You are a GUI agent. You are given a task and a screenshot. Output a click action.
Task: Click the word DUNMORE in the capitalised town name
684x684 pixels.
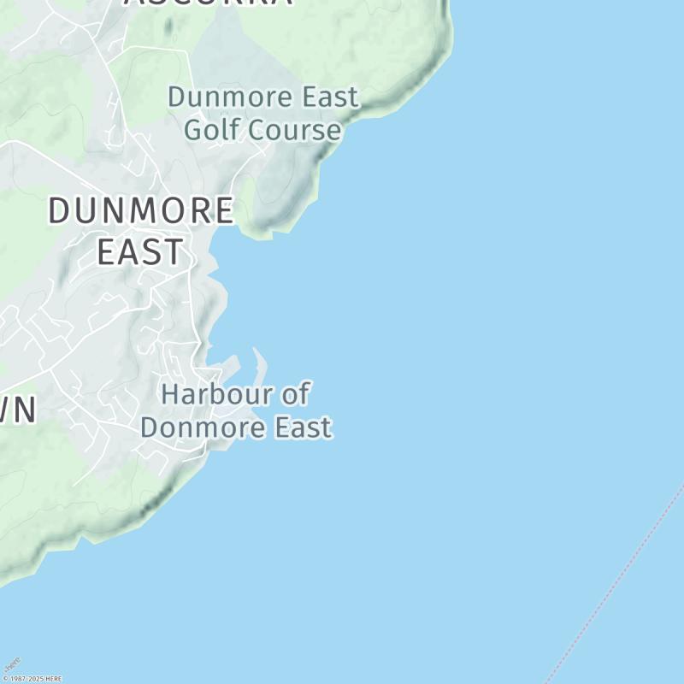(140, 210)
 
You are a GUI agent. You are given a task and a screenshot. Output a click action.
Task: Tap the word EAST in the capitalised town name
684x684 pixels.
(140, 252)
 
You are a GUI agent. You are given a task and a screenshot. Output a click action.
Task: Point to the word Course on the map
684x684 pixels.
(295, 130)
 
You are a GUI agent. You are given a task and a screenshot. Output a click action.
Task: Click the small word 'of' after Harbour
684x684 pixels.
(295, 395)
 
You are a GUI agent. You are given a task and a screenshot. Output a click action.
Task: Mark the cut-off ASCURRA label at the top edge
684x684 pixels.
(208, 3)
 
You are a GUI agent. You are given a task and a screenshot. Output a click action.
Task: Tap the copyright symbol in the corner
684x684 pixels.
(4, 679)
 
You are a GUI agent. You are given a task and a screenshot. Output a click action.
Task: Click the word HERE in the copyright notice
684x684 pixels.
(53, 679)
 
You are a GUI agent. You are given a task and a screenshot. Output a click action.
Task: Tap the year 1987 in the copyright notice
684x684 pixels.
(15, 679)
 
